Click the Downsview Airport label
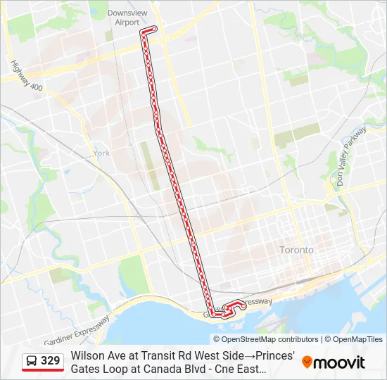tap(123, 18)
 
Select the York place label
tap(101, 153)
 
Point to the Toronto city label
tap(296, 250)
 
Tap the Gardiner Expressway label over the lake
tap(77, 331)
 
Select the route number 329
tap(51, 361)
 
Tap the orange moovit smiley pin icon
tap(307, 362)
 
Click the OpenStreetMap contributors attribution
tap(262, 339)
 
